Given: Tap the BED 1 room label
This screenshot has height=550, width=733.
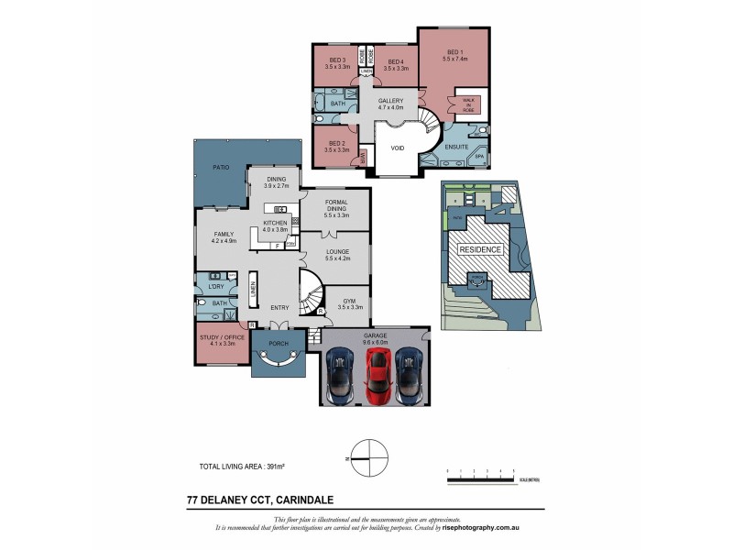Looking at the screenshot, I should coord(455,53).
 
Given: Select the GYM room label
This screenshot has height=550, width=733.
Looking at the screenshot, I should coord(348,301).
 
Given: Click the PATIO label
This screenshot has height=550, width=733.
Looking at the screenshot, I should coord(221,168).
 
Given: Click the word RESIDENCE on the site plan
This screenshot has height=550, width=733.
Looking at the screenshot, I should coord(479,249).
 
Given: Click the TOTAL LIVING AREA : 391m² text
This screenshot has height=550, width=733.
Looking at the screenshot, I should coord(241,467).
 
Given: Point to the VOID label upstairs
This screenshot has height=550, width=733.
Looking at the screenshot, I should coord(398,148).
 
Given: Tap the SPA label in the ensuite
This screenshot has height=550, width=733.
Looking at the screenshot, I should coord(478,157).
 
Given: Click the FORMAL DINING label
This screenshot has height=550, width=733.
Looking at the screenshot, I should coord(335,207).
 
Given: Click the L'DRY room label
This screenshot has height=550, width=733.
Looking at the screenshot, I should coord(217,287).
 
